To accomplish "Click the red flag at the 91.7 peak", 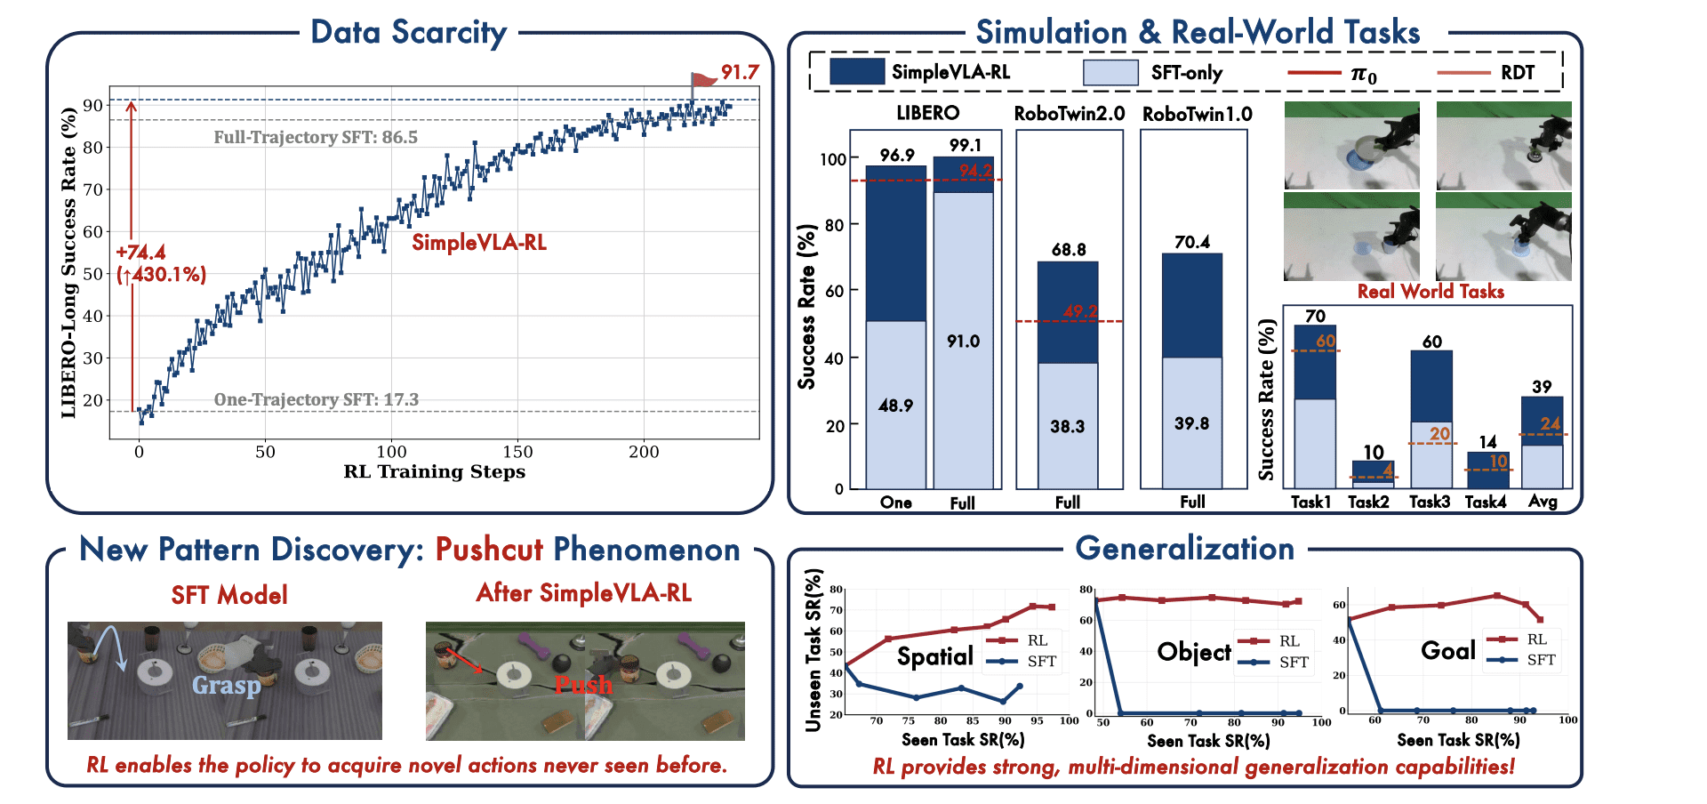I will [x=704, y=80].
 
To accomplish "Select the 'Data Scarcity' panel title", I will [x=408, y=33].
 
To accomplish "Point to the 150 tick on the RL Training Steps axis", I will [x=517, y=452].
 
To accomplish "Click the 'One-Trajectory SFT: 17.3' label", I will [x=316, y=400].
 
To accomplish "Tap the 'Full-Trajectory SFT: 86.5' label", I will [x=316, y=138].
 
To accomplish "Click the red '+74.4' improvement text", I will [x=140, y=253].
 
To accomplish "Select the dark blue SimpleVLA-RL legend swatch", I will [x=856, y=72].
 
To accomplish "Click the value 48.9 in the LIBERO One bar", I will [x=895, y=406].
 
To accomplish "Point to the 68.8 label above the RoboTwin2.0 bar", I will [x=1068, y=250].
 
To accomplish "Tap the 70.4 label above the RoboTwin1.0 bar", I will [x=1191, y=242].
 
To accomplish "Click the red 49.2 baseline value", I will [x=1080, y=311].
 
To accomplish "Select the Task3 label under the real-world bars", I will [x=1429, y=502].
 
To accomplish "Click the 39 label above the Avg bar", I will [x=1541, y=387].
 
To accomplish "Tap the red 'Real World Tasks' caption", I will [x=1430, y=292].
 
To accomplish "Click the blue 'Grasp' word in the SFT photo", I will [x=227, y=685].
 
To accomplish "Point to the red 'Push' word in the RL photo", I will [x=583, y=685].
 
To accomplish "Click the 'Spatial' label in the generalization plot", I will [x=934, y=656].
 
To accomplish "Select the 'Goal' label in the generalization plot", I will [x=1447, y=651].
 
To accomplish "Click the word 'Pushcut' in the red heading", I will [x=489, y=550].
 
